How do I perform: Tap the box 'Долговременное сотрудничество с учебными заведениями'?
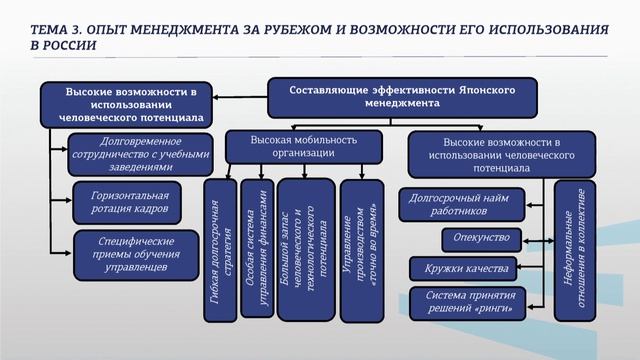tap(140, 154)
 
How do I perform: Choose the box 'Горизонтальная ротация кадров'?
tap(128, 200)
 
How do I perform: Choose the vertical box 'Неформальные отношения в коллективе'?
tap(575, 250)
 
